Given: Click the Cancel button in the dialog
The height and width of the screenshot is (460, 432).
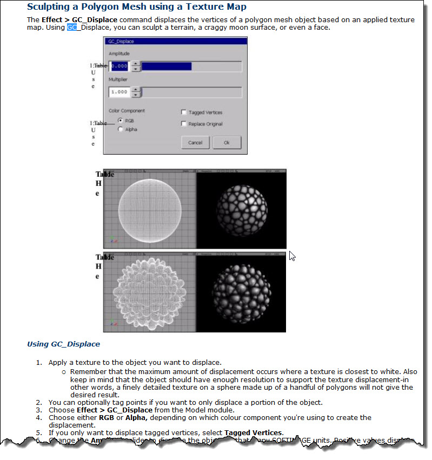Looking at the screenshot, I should coord(195,143).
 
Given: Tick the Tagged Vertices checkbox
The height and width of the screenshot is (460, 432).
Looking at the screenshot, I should coord(184,112).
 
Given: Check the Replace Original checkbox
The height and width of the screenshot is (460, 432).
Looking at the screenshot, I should coord(184,124).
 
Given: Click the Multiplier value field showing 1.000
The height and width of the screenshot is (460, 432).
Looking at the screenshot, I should coord(119,92).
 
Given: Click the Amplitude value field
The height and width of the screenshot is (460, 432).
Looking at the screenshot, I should coord(119,66).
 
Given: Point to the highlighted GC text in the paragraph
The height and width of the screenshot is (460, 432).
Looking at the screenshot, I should coord(72,27).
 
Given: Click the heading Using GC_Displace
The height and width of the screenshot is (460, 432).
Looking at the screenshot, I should coord(63,344).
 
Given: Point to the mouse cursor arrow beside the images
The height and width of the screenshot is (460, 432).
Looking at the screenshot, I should coord(292,255).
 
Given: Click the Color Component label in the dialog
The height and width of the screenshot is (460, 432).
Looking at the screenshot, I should coord(127,111).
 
